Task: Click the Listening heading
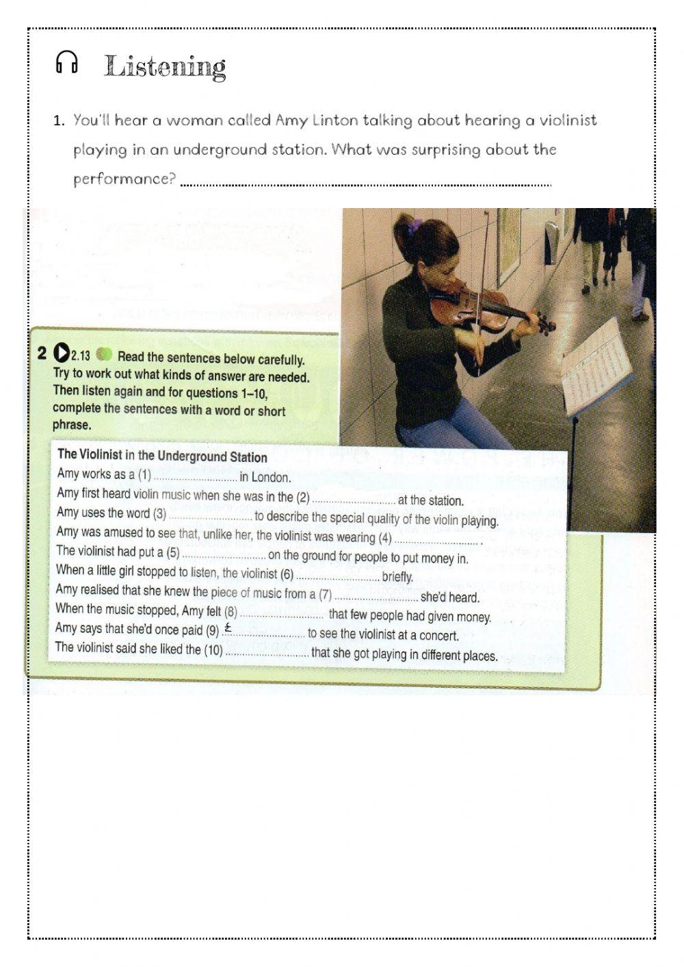[x=165, y=67]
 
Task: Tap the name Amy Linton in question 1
[x=317, y=120]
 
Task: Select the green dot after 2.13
[x=104, y=354]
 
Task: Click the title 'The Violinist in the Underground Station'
[x=162, y=455]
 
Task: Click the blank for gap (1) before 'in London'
[x=194, y=477]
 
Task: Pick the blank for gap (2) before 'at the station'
[x=353, y=500]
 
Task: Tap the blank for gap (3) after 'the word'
[x=210, y=517]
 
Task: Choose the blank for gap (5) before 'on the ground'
[x=223, y=555]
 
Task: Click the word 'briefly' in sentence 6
[x=397, y=577]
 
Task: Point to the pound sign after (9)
[x=228, y=628]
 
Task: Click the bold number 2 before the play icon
[x=43, y=353]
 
